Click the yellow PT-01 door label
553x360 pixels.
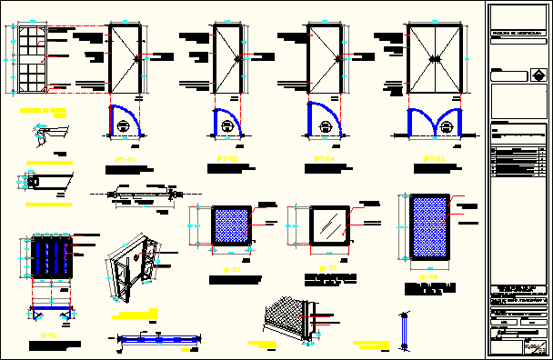click(x=125, y=159)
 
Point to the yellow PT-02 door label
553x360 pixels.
click(x=435, y=159)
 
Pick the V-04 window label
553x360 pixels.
click(x=428, y=275)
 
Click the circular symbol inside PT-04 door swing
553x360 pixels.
click(x=320, y=126)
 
